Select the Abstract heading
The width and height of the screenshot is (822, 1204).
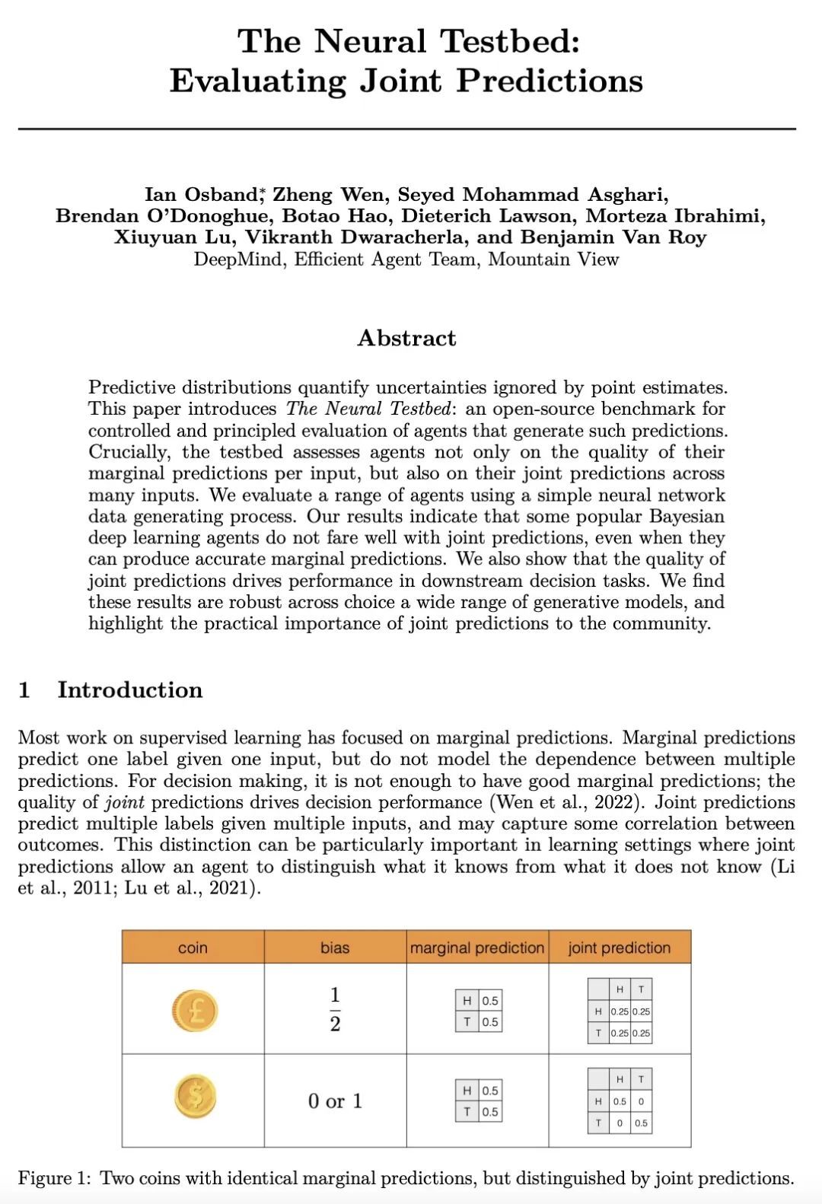click(406, 338)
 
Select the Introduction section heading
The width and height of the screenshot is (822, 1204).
click(130, 690)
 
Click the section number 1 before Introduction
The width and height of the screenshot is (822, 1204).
click(24, 690)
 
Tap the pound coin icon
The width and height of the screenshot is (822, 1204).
click(194, 1011)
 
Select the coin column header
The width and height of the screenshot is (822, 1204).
click(193, 948)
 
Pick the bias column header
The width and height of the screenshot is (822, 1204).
click(335, 948)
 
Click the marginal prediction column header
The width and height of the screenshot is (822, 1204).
click(477, 948)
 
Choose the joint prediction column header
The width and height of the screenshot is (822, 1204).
click(620, 948)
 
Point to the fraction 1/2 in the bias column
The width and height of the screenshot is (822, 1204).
click(335, 1009)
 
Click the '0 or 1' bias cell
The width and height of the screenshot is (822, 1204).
click(335, 1100)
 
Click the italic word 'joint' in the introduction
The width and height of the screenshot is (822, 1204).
click(125, 802)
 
